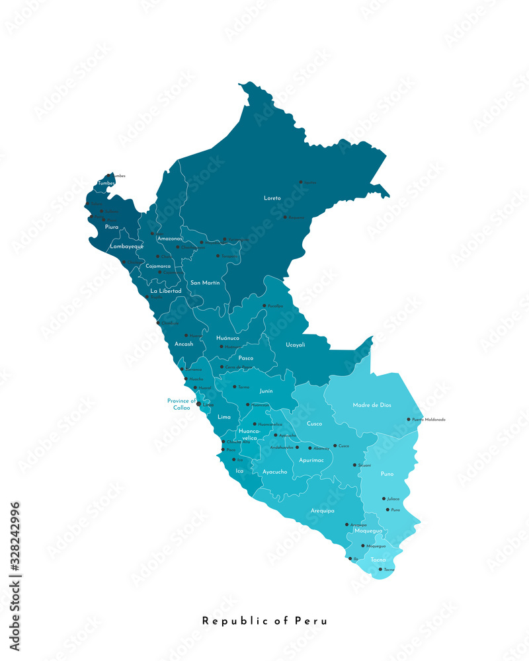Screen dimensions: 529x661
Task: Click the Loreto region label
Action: tap(272, 198)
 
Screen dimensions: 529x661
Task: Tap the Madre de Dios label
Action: tap(372, 405)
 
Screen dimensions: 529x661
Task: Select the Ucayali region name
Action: tap(296, 344)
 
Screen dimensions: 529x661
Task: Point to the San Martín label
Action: tap(205, 282)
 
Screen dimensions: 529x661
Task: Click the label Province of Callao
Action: tap(182, 405)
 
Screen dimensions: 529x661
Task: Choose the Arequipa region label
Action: tap(323, 511)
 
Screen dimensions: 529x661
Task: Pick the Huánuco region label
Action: tap(228, 338)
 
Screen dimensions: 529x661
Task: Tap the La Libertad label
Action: tap(166, 291)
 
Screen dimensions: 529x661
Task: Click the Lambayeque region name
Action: tap(127, 246)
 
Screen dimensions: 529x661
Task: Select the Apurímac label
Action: tap(311, 459)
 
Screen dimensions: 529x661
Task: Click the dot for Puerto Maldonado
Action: tap(409, 419)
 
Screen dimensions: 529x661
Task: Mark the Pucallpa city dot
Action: tap(264, 306)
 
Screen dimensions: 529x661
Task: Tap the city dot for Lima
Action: tap(199, 404)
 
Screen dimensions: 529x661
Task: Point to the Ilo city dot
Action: tap(350, 559)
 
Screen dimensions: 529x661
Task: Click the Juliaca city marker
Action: tap(384, 499)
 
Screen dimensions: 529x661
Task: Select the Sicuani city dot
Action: tap(354, 465)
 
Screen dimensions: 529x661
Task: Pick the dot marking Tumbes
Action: tap(109, 176)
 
